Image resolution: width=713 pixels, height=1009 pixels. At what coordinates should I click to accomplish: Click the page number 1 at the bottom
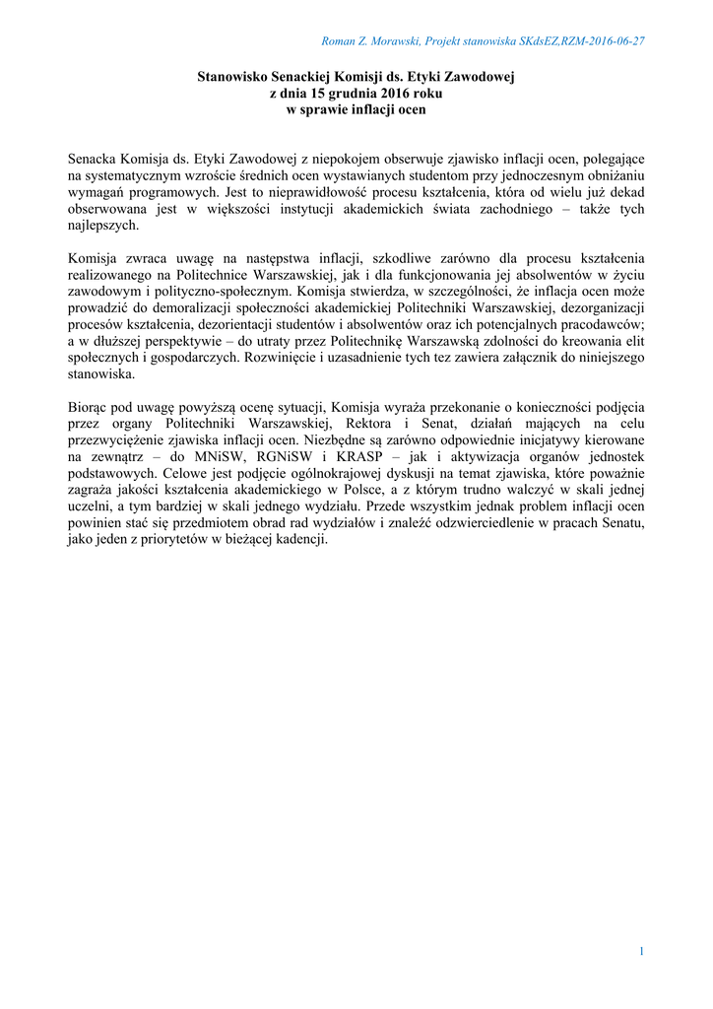(641, 951)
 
